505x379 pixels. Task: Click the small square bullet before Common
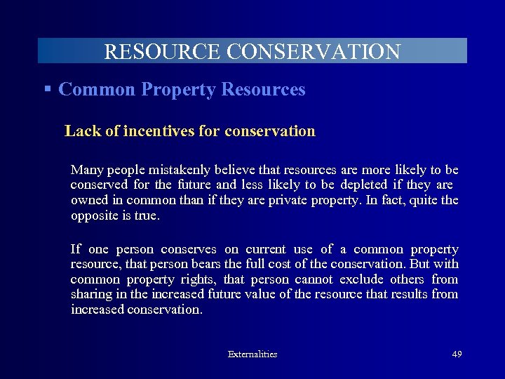point(48,89)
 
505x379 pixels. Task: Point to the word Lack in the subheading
point(79,131)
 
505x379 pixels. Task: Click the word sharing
point(92,294)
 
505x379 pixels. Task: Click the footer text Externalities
point(252,354)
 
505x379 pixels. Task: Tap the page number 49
point(457,354)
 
